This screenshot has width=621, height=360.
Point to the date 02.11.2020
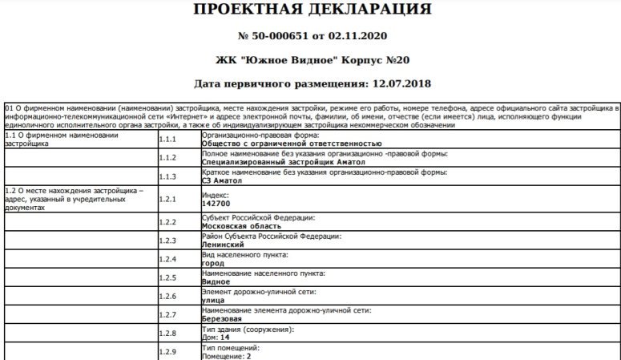click(357, 36)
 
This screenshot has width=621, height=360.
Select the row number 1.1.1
click(167, 139)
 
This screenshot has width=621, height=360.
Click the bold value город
click(213, 263)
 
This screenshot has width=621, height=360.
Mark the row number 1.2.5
click(167, 277)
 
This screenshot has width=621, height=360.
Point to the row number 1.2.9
click(167, 351)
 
